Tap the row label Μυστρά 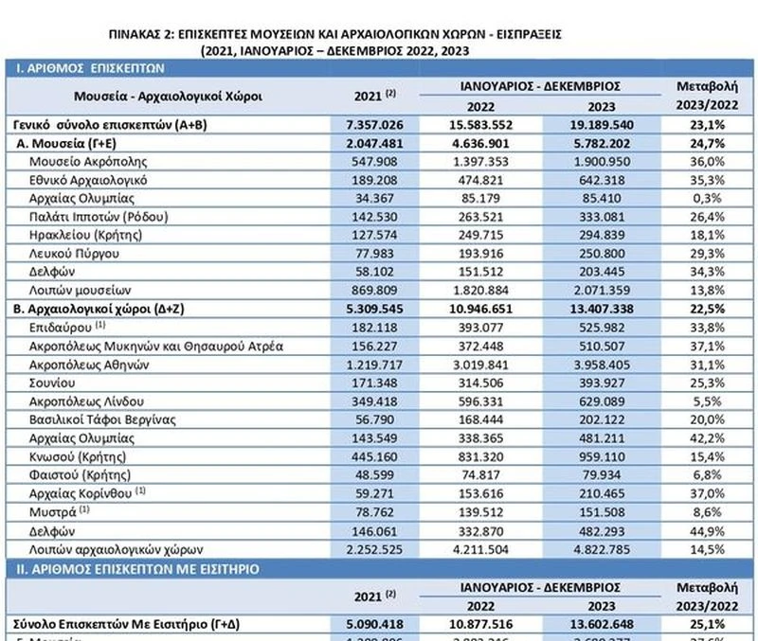(x=56, y=511)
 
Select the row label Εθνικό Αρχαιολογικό (x=92, y=179)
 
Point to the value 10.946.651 (x=487, y=309)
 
